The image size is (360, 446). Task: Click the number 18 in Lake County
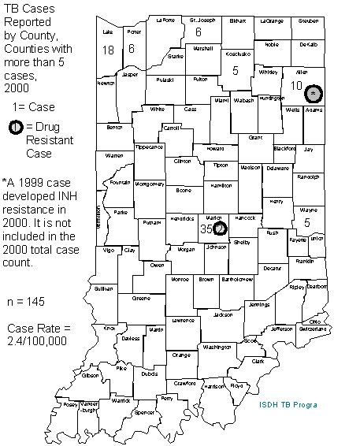[108, 50]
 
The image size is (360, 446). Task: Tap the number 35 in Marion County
[206, 229]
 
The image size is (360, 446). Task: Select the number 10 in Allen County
[296, 85]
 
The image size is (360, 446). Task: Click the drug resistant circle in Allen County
[314, 94]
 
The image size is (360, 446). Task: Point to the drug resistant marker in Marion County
[220, 229]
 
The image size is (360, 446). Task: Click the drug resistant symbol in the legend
[16, 127]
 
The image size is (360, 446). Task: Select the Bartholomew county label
[236, 279]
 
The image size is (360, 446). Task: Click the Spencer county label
[145, 411]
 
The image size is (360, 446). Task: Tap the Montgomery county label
[148, 184]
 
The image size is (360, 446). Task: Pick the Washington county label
[217, 346]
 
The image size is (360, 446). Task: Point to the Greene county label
[141, 299]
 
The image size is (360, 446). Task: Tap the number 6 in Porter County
[132, 49]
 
